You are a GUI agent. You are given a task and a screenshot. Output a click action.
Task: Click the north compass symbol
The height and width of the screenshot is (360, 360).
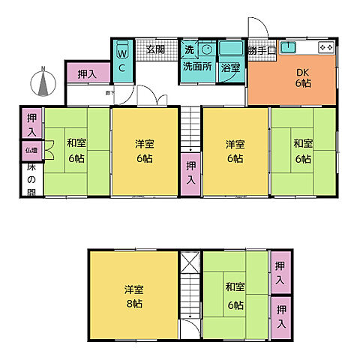pos(43,82)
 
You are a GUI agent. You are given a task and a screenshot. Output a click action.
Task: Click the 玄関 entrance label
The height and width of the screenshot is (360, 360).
pos(155,49)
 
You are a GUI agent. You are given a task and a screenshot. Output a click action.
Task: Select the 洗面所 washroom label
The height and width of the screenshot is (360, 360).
pos(196,66)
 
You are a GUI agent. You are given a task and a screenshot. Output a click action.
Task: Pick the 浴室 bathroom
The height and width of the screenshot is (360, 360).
pos(231,66)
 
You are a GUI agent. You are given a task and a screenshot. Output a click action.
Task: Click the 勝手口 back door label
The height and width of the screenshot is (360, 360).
pos(262,50)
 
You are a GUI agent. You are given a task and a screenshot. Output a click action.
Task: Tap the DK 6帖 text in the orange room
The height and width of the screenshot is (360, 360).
pos(302,77)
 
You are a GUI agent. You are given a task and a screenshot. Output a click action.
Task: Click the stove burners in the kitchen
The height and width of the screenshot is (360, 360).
pos(325,47)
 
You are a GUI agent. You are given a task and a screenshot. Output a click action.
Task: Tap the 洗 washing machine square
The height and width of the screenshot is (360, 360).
pos(190,49)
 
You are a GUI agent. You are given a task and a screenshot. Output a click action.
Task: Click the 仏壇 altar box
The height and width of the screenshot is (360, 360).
pos(31,151)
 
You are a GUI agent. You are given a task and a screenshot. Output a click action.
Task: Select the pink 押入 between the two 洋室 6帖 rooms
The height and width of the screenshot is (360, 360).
pos(190,174)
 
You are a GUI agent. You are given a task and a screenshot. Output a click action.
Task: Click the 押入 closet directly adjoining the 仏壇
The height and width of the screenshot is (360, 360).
pos(31,124)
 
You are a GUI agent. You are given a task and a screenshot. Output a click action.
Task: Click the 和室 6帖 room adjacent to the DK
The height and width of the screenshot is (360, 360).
pos(302,152)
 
